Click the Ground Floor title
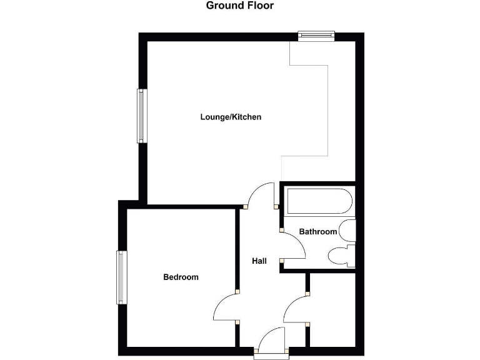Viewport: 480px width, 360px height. pos(240,6)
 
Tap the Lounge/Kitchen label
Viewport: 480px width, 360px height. pos(231,117)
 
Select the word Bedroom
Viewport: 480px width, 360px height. pos(181,277)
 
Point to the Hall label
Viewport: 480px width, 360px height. pos(259,261)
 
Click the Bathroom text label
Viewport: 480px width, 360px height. pos(317,232)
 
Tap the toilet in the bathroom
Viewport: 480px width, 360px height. pos(342,256)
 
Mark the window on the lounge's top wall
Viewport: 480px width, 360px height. pos(316,36)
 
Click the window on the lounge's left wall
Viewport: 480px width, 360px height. pos(142,116)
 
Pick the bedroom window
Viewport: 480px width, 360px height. pos(121,277)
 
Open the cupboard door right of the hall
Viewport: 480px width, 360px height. pos(295,309)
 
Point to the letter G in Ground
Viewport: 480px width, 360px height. pos(211,6)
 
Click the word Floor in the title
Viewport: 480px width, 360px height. pos(260,6)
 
